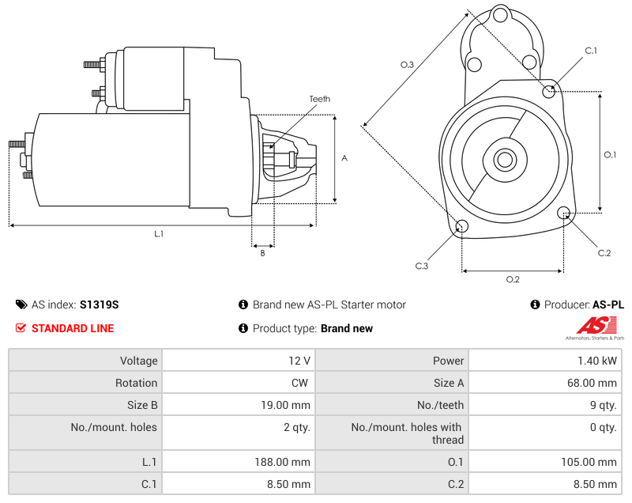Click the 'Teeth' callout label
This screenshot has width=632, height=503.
click(319, 99)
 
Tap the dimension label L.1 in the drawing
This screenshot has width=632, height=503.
click(159, 233)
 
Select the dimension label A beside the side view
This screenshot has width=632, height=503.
click(344, 158)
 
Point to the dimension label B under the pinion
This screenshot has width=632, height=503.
click(262, 253)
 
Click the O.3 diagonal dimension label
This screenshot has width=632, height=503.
click(407, 65)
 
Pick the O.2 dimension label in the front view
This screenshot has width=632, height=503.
click(512, 279)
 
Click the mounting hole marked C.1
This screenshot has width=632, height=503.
click(549, 91)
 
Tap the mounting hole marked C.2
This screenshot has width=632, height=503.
click(564, 213)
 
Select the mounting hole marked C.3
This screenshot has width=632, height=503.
click(462, 228)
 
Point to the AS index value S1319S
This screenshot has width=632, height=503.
click(99, 304)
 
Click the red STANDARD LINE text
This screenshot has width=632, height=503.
click(72, 328)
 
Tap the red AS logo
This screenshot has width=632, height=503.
click(594, 325)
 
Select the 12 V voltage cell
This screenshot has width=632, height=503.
click(299, 361)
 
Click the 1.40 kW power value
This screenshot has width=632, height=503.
click(603, 361)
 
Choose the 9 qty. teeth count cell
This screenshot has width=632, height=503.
click(602, 405)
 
